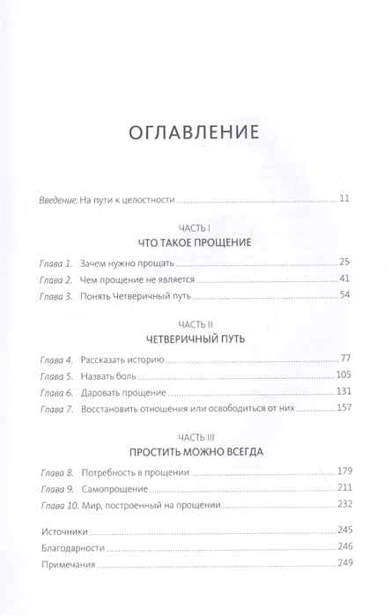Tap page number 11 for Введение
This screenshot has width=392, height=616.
(346, 197)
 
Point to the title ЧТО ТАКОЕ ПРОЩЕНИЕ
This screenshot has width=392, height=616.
(196, 241)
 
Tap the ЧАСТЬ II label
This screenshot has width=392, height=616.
(196, 323)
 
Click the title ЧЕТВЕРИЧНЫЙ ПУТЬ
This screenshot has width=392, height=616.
(196, 338)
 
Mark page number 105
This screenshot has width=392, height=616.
(344, 377)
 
